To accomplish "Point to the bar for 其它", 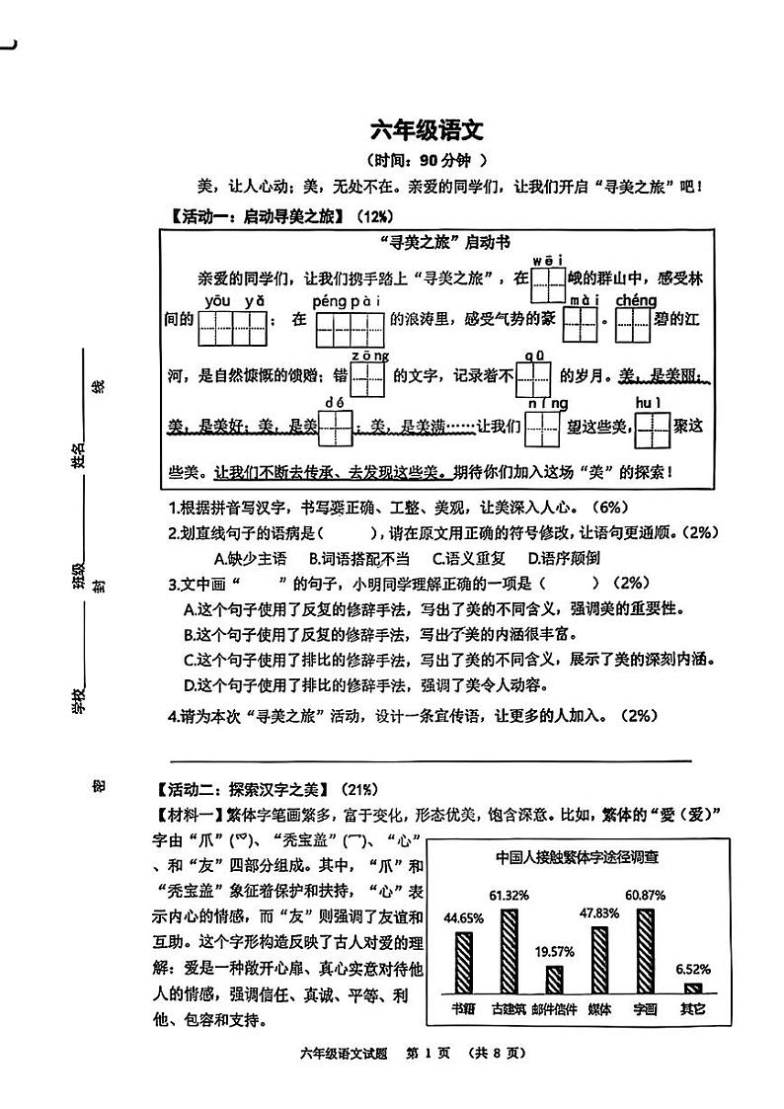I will pyautogui.click(x=692, y=988).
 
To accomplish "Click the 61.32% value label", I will pyautogui.click(x=509, y=895).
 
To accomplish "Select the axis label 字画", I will pyautogui.click(x=645, y=1010).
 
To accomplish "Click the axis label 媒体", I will pyautogui.click(x=599, y=1010).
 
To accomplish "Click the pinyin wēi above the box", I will pyautogui.click(x=547, y=261).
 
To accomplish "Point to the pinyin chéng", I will pyautogui.click(x=636, y=300).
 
